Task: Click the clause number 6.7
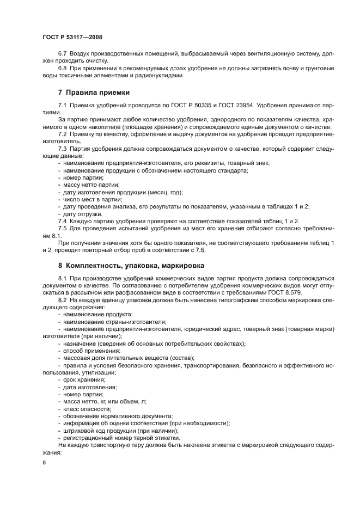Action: coord(63,55)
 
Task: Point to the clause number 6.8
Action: coord(63,68)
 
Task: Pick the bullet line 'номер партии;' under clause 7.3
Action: coord(82,178)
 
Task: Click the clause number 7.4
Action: coord(63,220)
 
